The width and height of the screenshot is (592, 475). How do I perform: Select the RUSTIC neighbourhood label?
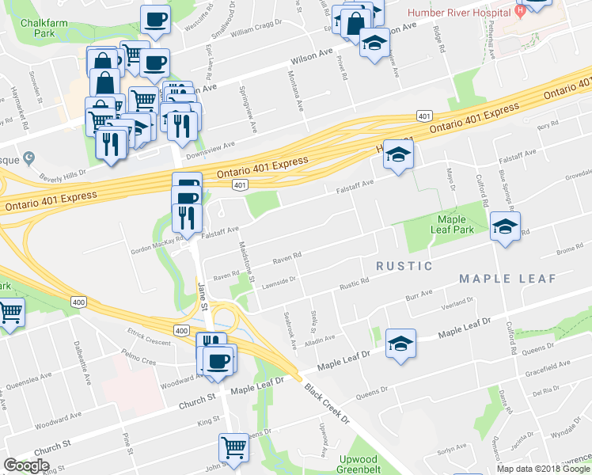[x=404, y=266]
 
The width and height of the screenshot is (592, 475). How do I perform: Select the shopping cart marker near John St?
[x=234, y=448]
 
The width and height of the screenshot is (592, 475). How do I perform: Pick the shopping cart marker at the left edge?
[x=9, y=313]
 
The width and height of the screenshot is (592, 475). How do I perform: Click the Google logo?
[x=26, y=465]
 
